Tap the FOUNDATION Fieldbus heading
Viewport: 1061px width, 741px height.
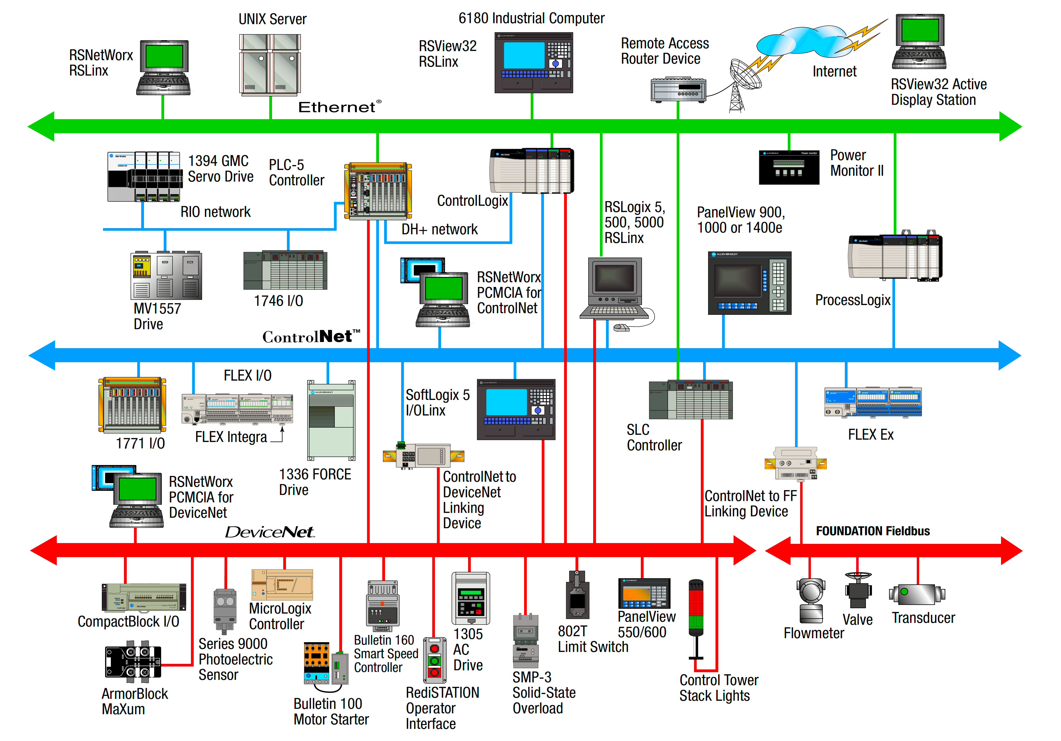point(872,531)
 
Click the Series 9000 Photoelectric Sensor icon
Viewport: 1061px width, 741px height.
point(225,610)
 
